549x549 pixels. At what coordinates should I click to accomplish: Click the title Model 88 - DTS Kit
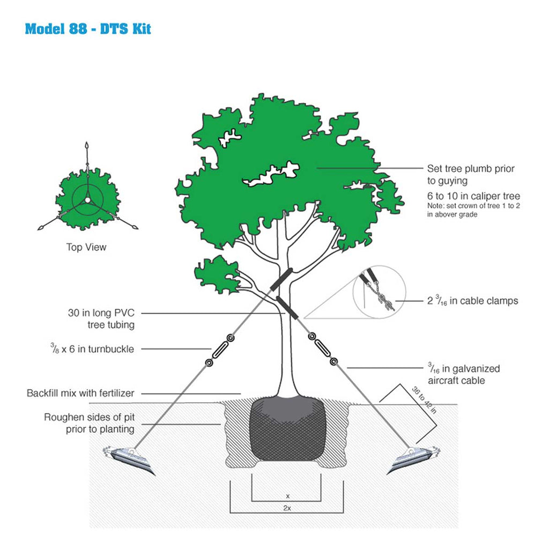(x=88, y=29)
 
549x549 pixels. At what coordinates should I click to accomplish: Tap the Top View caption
(x=86, y=247)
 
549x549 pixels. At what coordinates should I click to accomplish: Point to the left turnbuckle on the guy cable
(x=220, y=350)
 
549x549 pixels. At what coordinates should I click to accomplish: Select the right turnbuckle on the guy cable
(x=322, y=348)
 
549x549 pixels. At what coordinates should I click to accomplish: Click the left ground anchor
(x=128, y=459)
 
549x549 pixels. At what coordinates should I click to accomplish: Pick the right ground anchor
(x=413, y=459)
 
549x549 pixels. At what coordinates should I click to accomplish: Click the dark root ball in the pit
(x=287, y=428)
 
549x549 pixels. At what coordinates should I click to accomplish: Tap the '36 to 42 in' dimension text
(x=424, y=400)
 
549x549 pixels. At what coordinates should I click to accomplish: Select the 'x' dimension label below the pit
(x=288, y=496)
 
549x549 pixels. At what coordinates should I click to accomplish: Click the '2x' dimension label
(x=287, y=508)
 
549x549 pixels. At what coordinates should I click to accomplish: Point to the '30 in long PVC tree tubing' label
(x=101, y=318)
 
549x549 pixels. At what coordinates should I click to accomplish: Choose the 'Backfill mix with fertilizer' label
(x=80, y=393)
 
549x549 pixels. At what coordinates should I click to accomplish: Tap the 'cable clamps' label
(x=473, y=300)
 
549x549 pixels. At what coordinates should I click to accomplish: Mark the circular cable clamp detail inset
(x=379, y=292)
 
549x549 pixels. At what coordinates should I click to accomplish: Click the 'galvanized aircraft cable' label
(x=464, y=374)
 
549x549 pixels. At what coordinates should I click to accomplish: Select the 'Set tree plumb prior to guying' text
(x=471, y=174)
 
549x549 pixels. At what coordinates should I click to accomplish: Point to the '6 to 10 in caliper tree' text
(x=473, y=196)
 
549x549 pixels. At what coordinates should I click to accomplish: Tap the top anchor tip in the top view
(x=87, y=146)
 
